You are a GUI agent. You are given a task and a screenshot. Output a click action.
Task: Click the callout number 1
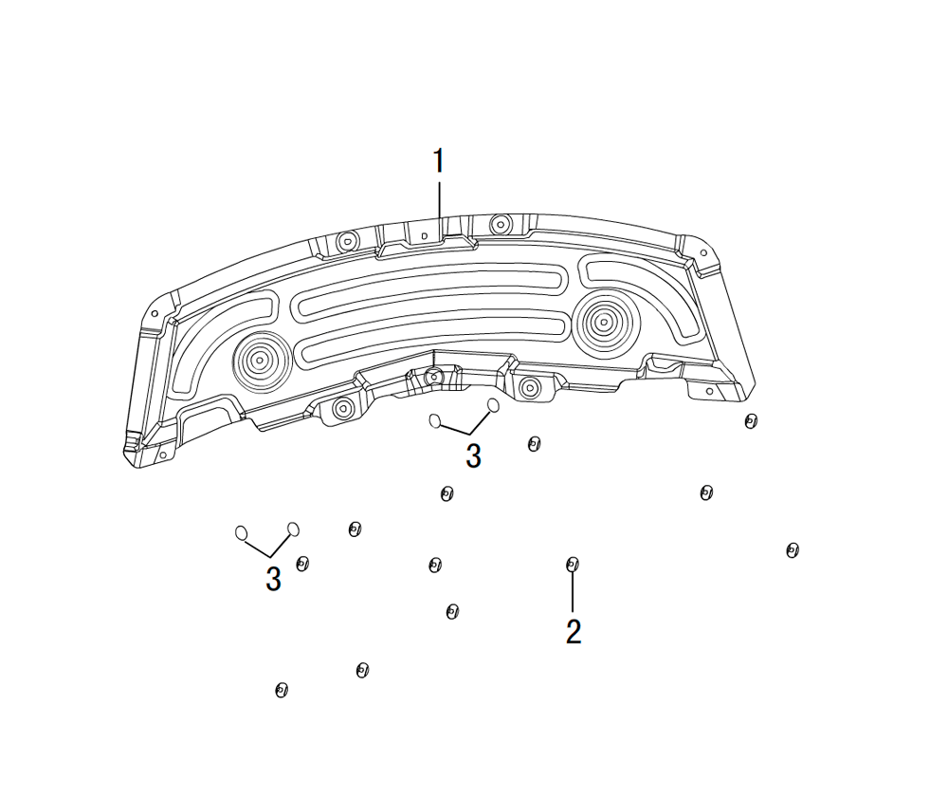(439, 160)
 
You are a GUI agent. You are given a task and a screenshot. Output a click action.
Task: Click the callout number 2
(574, 631)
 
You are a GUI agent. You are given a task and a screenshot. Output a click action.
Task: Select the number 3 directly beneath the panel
(473, 455)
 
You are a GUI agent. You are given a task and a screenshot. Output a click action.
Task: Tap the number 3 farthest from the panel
(273, 579)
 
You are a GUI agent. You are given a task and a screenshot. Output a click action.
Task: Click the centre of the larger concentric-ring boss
(602, 323)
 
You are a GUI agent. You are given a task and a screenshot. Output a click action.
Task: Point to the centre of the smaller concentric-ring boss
(261, 362)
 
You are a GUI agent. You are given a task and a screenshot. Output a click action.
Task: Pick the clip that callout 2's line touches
(572, 566)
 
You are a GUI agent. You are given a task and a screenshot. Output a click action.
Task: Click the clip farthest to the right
(792, 550)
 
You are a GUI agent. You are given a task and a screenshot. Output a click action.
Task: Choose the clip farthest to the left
(282, 690)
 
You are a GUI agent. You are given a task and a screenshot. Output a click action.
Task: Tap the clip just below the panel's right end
(750, 421)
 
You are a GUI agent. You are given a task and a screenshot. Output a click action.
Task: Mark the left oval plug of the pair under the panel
(435, 420)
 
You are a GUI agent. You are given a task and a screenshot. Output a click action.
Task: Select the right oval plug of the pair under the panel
(493, 405)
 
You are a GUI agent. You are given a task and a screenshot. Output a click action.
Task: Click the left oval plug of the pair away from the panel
(241, 532)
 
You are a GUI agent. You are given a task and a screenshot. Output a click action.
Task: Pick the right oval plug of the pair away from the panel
(293, 529)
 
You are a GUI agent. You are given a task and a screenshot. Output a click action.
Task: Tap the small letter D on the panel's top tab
(425, 235)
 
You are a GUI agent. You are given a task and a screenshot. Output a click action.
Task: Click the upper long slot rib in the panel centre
(430, 288)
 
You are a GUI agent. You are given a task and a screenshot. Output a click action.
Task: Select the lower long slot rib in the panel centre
(430, 343)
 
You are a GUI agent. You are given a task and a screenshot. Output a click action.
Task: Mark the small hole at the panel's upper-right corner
(703, 253)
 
